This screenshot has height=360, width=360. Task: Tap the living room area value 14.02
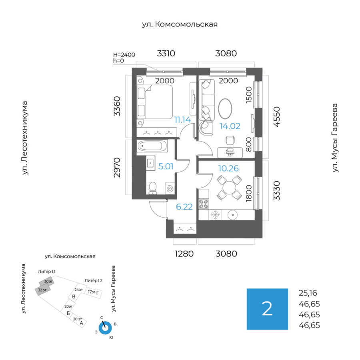[x=230, y=126]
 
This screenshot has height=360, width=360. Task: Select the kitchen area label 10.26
[x=228, y=168]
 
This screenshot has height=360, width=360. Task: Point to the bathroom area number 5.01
[x=166, y=166]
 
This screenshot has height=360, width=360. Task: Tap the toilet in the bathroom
[x=153, y=188]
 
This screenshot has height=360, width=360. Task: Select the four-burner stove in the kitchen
[x=204, y=203]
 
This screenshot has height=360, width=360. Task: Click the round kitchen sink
[x=232, y=215]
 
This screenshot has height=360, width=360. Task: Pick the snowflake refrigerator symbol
[x=216, y=215]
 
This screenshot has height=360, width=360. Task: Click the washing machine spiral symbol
[x=170, y=188]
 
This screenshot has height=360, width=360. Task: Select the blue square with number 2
[x=267, y=309]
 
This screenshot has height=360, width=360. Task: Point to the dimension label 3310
[x=166, y=54]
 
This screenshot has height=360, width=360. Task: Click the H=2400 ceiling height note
[x=124, y=55]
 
